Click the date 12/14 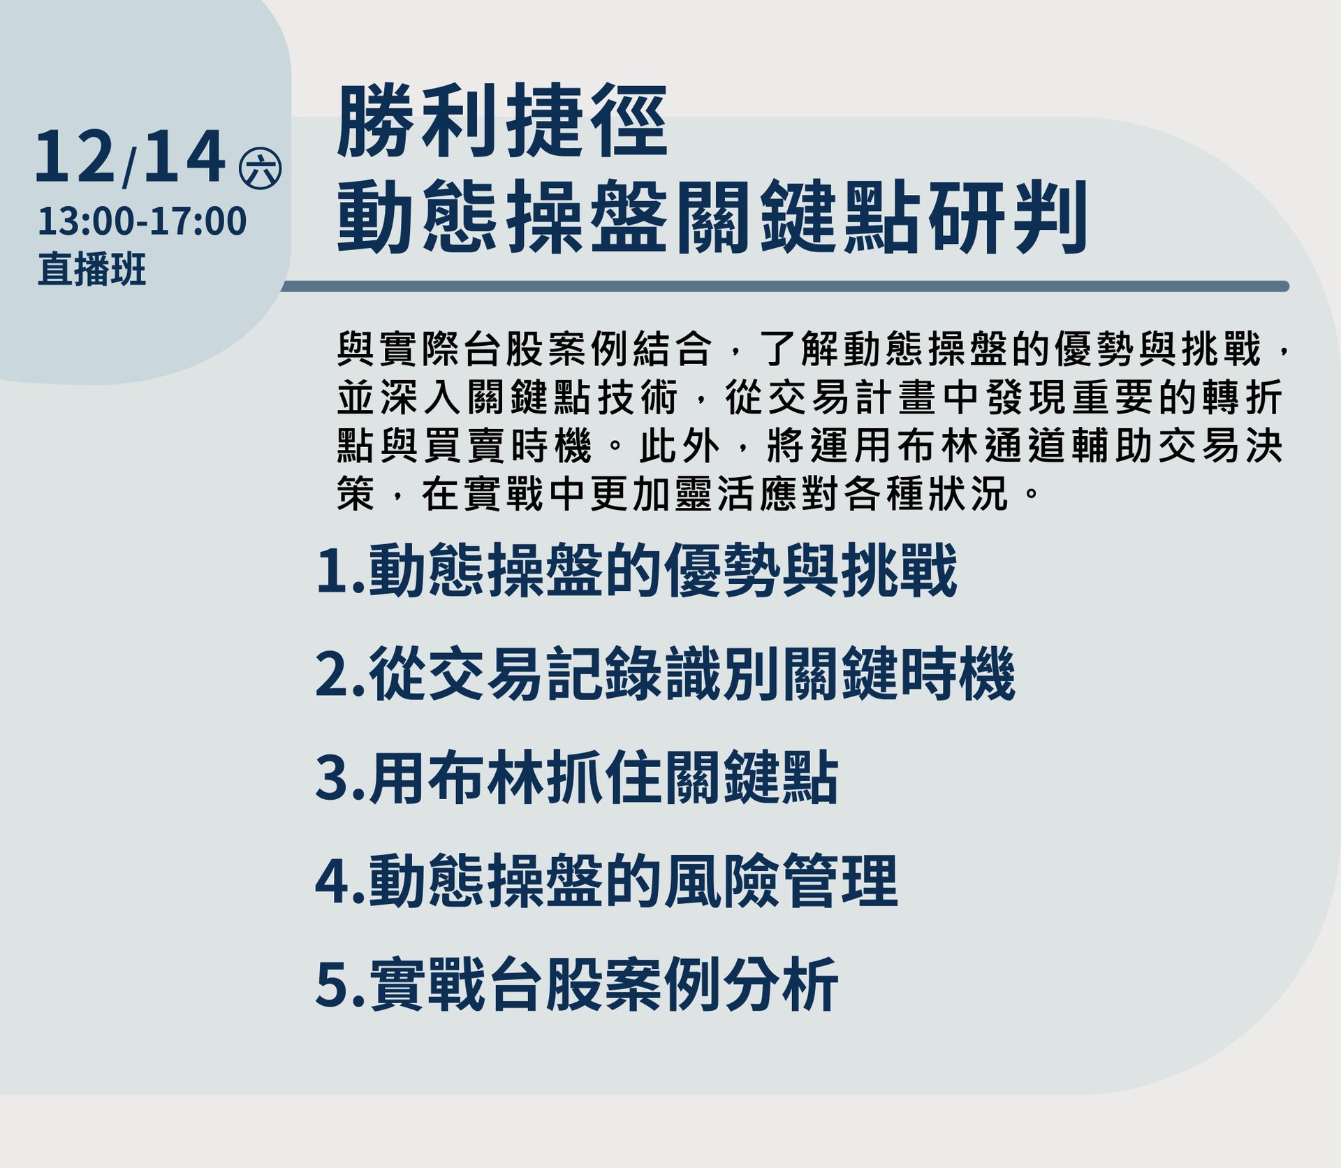130,157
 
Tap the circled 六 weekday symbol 260,169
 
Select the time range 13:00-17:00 142,221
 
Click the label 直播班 91,270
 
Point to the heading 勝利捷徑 502,121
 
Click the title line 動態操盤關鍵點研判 712,216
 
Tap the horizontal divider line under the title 784,286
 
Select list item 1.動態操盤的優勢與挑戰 636,571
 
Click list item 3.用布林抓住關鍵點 577,778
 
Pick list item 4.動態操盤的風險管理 606,881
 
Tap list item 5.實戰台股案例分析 577,984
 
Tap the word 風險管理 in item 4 780,881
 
